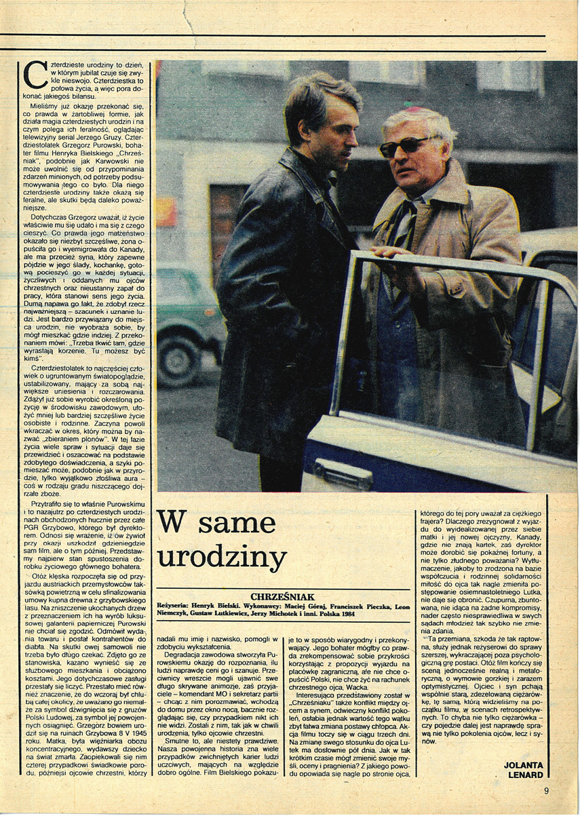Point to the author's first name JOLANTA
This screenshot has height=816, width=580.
[525, 764]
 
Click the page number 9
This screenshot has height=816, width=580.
[545, 790]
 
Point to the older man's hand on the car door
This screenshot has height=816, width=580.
[394, 252]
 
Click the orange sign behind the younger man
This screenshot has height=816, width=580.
[166, 212]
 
